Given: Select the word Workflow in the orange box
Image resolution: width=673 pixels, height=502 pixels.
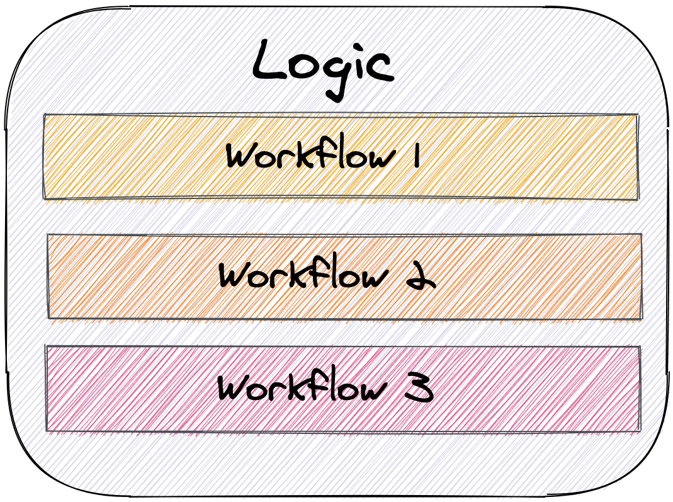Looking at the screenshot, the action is pyautogui.click(x=300, y=276).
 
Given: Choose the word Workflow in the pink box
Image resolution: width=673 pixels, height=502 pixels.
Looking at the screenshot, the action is pyautogui.click(x=299, y=388).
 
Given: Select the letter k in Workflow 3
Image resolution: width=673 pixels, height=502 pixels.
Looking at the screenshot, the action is pyautogui.click(x=291, y=387).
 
